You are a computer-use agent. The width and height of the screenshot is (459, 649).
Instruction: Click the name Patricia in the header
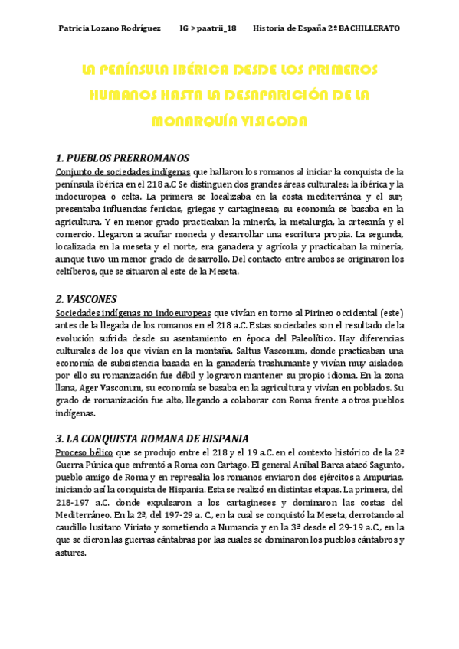pos(75,28)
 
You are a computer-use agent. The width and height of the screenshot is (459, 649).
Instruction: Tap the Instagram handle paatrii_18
pos(216,28)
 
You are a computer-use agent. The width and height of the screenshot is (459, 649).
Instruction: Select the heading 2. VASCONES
pos(87,299)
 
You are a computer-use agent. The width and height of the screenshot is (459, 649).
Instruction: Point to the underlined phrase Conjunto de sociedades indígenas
pos(123,171)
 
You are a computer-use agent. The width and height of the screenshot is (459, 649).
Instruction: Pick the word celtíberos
pos(78,271)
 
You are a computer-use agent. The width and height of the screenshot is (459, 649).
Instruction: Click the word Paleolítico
pos(323,338)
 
